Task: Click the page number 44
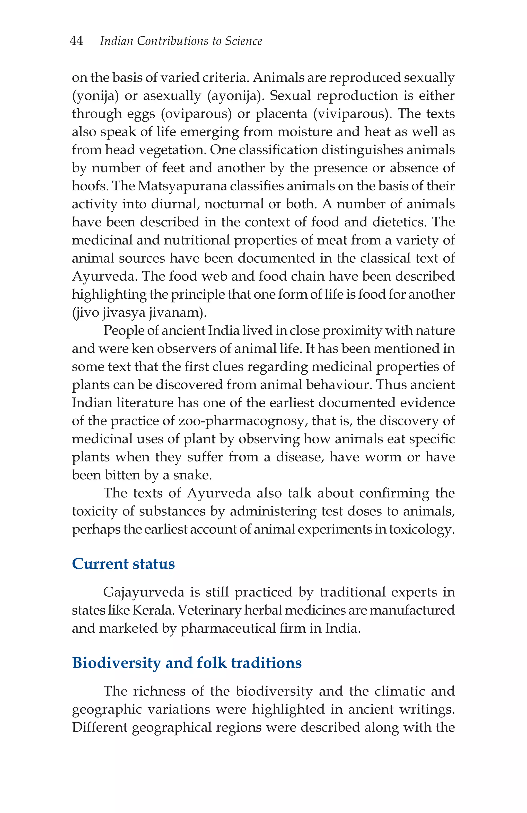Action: point(76,41)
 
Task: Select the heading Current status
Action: point(123,564)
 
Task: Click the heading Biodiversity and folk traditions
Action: point(187,663)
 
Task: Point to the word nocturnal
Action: point(234,204)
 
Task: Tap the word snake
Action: point(191,475)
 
